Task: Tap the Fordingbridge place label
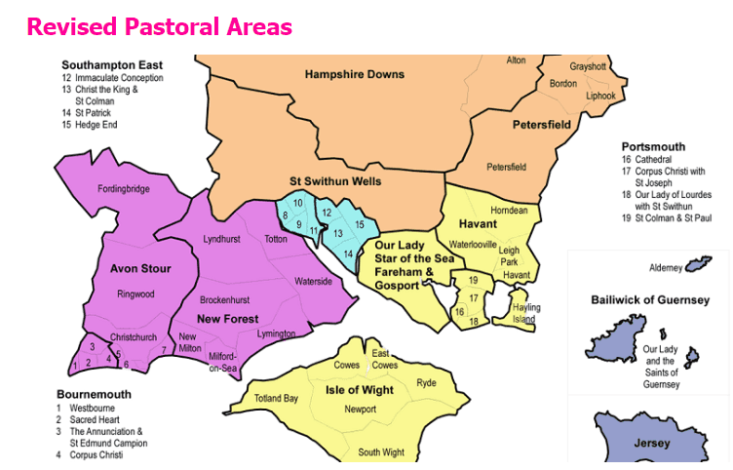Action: [124, 188]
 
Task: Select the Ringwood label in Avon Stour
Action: [135, 293]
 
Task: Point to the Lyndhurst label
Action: [220, 239]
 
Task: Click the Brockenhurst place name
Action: [227, 299]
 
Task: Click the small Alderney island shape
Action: [698, 265]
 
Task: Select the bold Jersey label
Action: [652, 444]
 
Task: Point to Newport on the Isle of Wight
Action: [360, 409]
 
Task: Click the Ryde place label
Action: [426, 383]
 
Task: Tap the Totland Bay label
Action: [276, 398]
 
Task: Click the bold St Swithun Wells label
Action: [335, 181]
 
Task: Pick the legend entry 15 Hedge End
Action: [92, 125]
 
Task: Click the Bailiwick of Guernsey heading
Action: [649, 300]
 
